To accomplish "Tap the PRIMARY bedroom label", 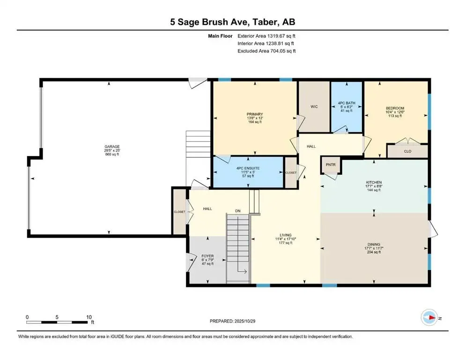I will coord(255,114).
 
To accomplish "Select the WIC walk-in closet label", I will coord(314,107).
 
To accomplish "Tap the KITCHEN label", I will coord(374,182).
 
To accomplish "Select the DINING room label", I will coord(374,244).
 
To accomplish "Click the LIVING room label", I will coord(286,235).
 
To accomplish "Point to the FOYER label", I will coord(207,256).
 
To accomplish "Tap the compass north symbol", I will coord(429,318).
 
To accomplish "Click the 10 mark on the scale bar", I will coord(89,317).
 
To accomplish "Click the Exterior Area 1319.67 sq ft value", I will coord(266,36).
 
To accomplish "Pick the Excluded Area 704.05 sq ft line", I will coord(266,51).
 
